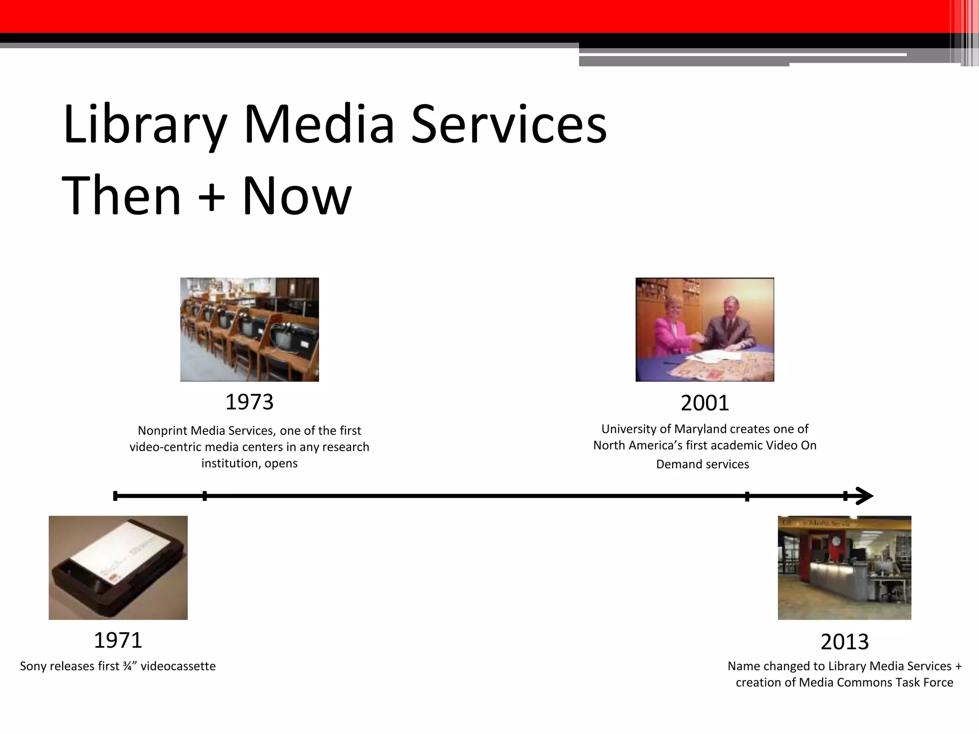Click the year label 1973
pyautogui.click(x=249, y=402)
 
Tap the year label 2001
pyautogui.click(x=705, y=403)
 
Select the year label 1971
pyautogui.click(x=118, y=640)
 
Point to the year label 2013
pyautogui.click(x=845, y=642)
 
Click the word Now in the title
pyautogui.click(x=297, y=196)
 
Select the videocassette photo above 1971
pyautogui.click(x=118, y=568)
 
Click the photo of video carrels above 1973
pyautogui.click(x=249, y=329)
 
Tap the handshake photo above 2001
pyautogui.click(x=705, y=329)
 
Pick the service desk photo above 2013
pyautogui.click(x=844, y=568)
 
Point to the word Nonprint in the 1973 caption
pyautogui.click(x=163, y=431)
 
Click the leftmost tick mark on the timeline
pyautogui.click(x=115, y=496)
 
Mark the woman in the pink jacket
pyautogui.click(x=666, y=330)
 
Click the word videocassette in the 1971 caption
pyautogui.click(x=178, y=666)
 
